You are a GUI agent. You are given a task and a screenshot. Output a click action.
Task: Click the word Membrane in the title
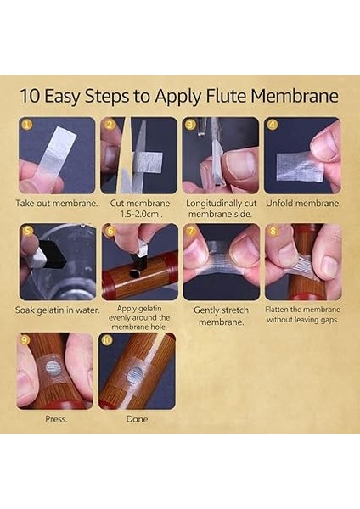pyautogui.click(x=294, y=96)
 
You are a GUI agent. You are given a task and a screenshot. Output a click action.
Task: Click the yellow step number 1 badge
pyautogui.click(x=26, y=125)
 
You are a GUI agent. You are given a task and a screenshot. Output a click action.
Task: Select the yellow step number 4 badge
pyautogui.click(x=273, y=125)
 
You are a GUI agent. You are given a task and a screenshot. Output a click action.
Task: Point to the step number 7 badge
pyautogui.click(x=191, y=231)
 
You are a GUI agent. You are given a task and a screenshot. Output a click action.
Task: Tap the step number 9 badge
pyautogui.click(x=25, y=339)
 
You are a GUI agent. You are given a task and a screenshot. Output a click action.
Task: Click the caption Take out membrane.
pyautogui.click(x=57, y=204)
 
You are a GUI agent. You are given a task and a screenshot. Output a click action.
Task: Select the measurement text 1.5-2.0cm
pyautogui.click(x=138, y=215)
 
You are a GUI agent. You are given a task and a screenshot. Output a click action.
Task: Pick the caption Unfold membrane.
pyautogui.click(x=303, y=204)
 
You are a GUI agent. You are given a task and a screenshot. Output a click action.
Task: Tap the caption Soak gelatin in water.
pyautogui.click(x=57, y=310)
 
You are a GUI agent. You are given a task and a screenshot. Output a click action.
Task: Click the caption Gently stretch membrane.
pyautogui.click(x=222, y=316)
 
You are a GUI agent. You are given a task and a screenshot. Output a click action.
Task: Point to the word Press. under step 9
pyautogui.click(x=56, y=419)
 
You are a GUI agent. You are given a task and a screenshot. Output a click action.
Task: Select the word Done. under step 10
pyautogui.click(x=138, y=419)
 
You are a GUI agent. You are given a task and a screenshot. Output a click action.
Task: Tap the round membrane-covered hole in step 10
pyautogui.click(x=134, y=375)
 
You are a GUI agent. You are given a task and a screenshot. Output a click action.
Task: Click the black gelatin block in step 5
pyautogui.click(x=51, y=254)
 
